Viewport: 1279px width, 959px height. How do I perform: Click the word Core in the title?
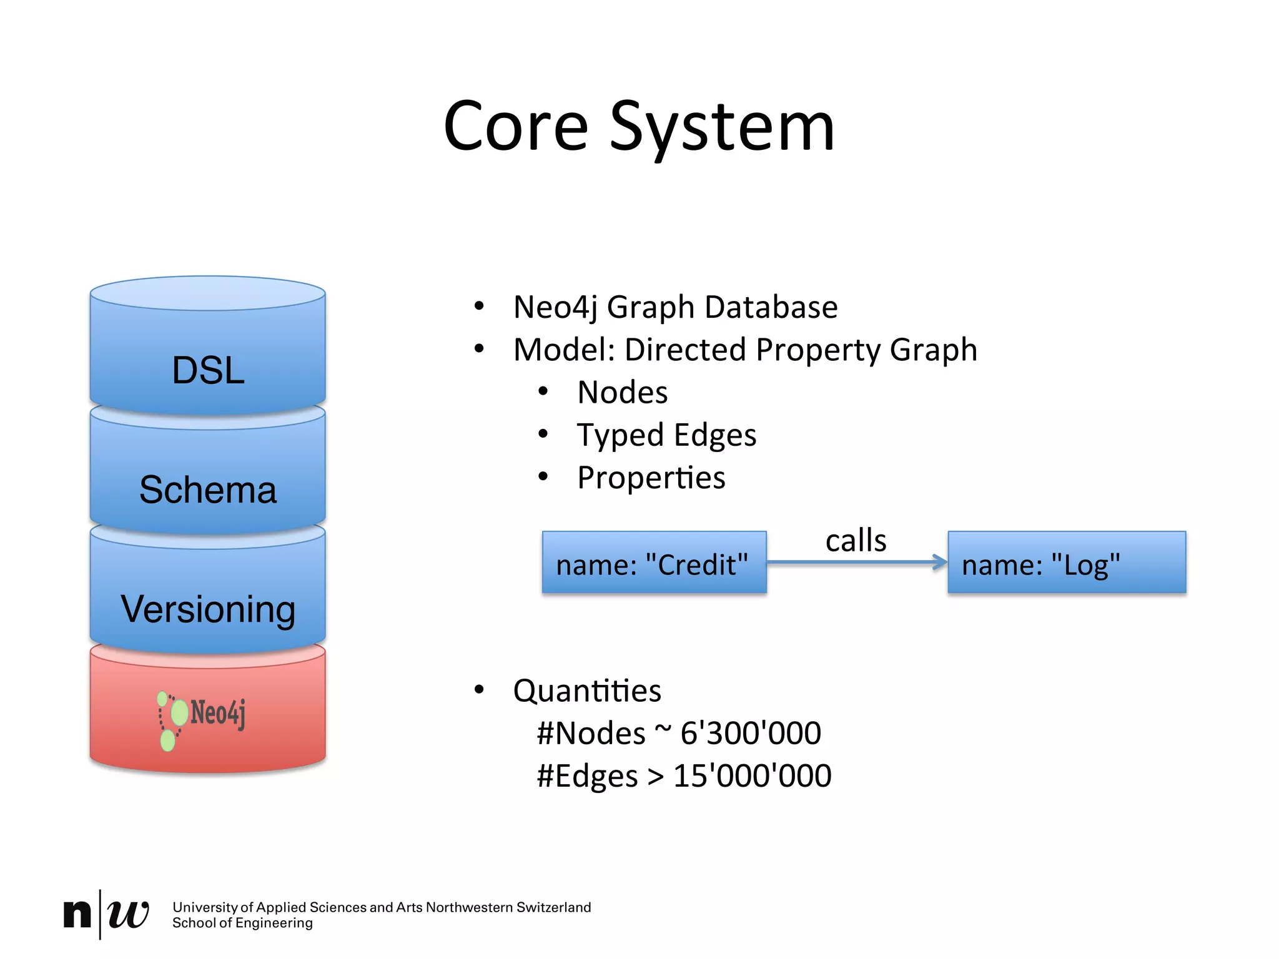[516, 128]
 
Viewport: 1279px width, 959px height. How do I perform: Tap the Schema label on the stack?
[208, 489]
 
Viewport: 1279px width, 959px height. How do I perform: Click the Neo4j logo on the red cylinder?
[201, 718]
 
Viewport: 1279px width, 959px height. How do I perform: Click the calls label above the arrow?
[856, 541]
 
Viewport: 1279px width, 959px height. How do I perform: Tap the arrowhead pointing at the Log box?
[939, 562]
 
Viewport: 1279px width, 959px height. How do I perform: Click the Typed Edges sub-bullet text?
[666, 435]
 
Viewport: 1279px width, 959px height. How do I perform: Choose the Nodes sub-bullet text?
[623, 393]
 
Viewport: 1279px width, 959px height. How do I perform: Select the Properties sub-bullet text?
[651, 478]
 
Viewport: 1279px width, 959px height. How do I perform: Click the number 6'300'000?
[751, 733]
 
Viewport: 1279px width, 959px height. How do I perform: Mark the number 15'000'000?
[752, 776]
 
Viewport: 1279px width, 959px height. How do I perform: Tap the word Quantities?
[587, 691]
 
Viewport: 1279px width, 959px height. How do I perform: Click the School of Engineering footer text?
[242, 923]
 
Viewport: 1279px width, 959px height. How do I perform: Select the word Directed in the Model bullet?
[686, 350]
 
